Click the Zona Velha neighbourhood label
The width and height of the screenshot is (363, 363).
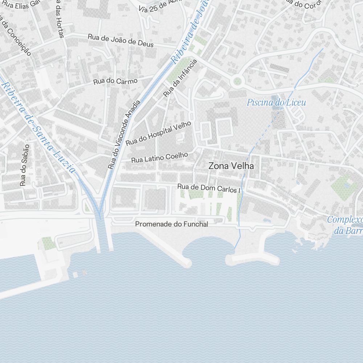tap(231, 166)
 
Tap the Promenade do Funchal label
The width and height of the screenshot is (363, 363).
tap(172, 224)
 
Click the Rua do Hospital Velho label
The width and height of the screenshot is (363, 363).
tap(158, 134)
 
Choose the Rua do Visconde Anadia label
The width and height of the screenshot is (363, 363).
tap(124, 135)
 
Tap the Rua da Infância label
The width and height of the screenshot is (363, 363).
tap(180, 78)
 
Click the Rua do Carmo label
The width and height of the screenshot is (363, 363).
tap(115, 81)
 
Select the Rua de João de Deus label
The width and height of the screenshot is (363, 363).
tap(121, 40)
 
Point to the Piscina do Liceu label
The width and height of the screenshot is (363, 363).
tap(276, 103)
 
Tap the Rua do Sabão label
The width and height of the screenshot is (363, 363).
tap(24, 165)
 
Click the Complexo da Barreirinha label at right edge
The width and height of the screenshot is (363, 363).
tap(347, 225)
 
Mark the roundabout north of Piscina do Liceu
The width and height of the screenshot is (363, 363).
tap(237, 81)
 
